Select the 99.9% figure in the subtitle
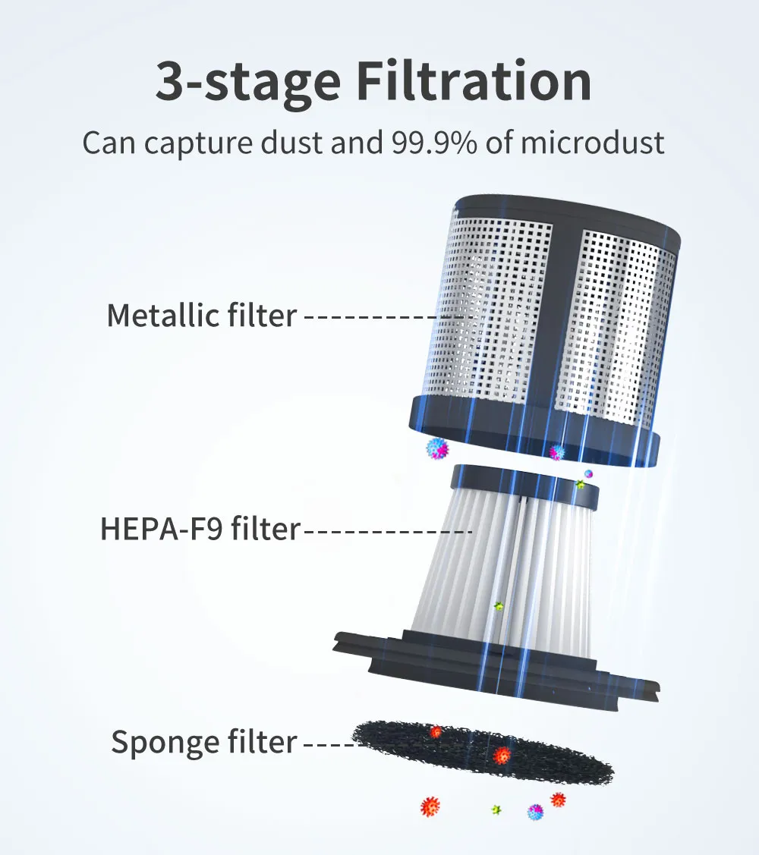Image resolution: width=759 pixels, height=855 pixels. pyautogui.click(x=434, y=143)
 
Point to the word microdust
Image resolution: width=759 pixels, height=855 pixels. pyautogui.click(x=593, y=143)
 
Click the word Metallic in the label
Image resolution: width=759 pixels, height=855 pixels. pyautogui.click(x=163, y=315)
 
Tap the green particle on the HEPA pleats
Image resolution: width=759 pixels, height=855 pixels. pyautogui.click(x=498, y=606)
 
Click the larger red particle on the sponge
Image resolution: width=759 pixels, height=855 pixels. pyautogui.click(x=502, y=756)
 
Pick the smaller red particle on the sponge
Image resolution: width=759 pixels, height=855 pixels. pyautogui.click(x=436, y=732)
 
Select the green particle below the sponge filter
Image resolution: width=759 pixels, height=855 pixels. pyautogui.click(x=496, y=809)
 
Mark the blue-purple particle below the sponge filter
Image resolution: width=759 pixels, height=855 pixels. pyautogui.click(x=536, y=812)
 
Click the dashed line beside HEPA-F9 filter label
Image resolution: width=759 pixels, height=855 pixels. pyautogui.click(x=388, y=530)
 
